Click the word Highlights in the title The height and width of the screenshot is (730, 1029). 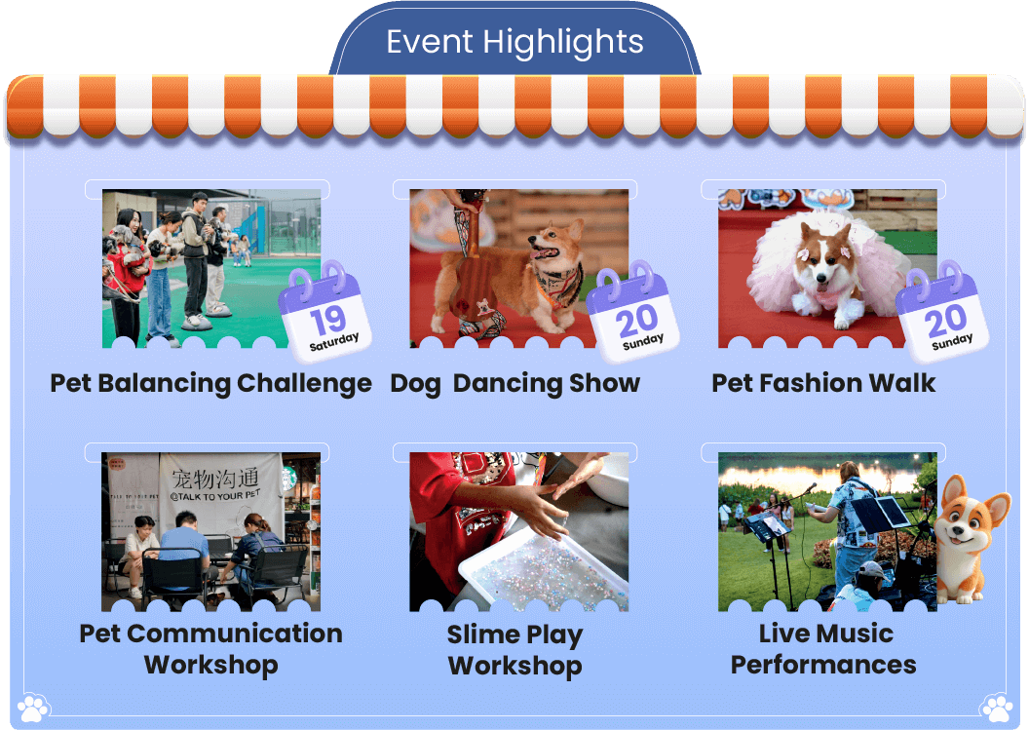(563, 43)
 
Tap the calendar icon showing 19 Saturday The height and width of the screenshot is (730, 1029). (324, 311)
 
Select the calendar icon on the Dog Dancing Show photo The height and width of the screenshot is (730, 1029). (632, 311)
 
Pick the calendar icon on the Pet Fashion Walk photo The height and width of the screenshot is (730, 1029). (942, 311)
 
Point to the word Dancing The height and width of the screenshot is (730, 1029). (508, 383)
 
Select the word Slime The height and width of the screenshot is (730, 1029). (483, 634)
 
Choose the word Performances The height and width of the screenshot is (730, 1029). (823, 665)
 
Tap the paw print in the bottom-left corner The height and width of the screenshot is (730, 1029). (33, 709)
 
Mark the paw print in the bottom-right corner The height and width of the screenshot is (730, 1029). (996, 709)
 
